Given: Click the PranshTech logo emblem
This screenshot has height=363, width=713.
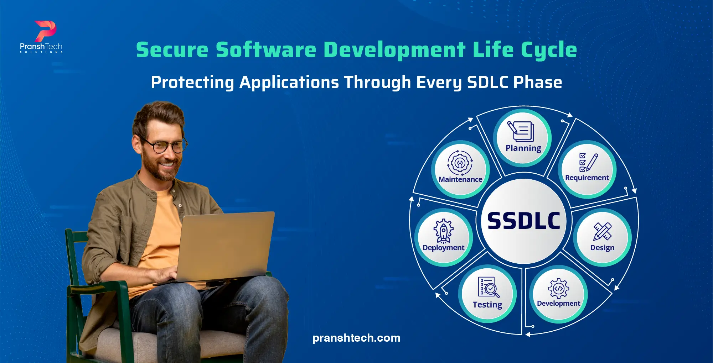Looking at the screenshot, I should click(46, 31).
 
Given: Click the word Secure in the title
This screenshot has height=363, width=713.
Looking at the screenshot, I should click(172, 49).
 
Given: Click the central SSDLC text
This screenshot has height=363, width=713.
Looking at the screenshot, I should click(523, 221).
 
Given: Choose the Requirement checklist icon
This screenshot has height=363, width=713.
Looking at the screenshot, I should click(588, 162).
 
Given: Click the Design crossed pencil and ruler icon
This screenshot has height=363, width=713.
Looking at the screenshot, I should click(602, 232).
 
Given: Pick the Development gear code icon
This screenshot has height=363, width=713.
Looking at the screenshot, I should click(558, 288).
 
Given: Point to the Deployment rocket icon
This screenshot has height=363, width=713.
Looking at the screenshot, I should click(443, 231).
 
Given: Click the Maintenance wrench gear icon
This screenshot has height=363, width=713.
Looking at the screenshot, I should click(460, 163).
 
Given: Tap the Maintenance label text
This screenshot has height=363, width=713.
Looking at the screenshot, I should click(460, 179).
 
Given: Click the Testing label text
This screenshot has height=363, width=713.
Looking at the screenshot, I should click(487, 305).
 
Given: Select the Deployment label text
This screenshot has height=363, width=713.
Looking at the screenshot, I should click(443, 248).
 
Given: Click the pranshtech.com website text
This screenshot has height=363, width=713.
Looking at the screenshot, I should click(356, 338).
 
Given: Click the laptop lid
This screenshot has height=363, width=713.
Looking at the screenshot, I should click(224, 246).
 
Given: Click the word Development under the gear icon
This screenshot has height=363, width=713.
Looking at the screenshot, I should click(558, 303).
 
